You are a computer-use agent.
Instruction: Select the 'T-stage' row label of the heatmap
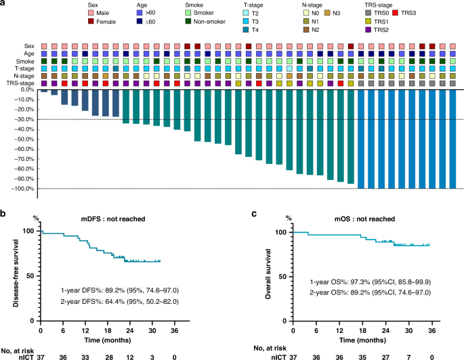coord(24,68)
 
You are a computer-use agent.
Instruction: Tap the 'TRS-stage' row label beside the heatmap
coord(21,83)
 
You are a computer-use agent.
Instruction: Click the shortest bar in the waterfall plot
coord(43,91)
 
